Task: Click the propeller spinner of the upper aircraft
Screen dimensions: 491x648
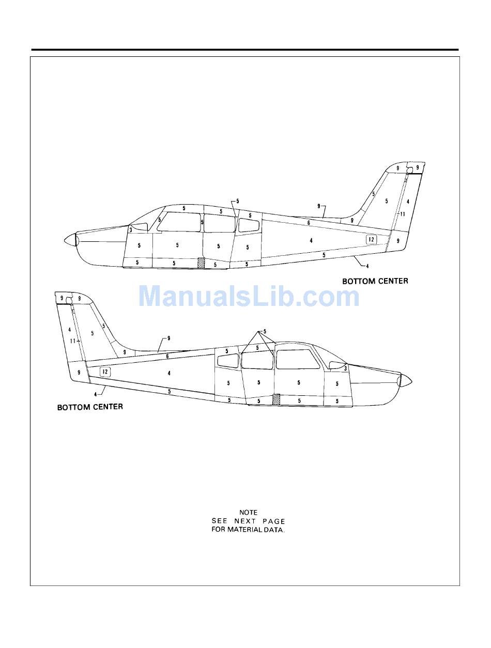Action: tap(70, 240)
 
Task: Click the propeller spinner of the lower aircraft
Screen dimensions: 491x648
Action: tap(405, 381)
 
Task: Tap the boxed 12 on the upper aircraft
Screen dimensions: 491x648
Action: tap(371, 239)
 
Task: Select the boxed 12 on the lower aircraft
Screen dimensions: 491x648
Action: tap(105, 372)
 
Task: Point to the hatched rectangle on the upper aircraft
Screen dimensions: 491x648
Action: tap(202, 263)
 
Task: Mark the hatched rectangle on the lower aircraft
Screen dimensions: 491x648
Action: tap(276, 399)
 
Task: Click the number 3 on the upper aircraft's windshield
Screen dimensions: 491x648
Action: tap(131, 229)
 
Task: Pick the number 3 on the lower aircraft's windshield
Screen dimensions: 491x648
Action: tap(345, 369)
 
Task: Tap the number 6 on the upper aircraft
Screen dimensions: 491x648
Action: tap(309, 223)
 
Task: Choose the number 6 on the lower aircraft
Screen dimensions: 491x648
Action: tap(167, 356)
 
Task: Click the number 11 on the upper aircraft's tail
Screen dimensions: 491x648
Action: tap(402, 214)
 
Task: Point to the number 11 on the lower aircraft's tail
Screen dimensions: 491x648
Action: tap(73, 341)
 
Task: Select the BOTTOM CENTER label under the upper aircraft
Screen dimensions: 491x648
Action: tap(375, 281)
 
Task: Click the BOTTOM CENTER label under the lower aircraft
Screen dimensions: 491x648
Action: tap(90, 407)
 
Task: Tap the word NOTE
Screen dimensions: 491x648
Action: tap(248, 513)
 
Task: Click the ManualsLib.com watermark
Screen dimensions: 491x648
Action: tap(249, 297)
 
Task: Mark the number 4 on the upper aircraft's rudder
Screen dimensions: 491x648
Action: tap(408, 201)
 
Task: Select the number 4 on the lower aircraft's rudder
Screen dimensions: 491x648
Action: tap(69, 329)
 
